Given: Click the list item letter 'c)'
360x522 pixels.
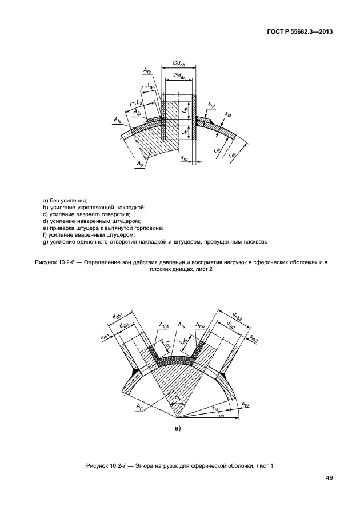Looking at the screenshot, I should coord(46,214).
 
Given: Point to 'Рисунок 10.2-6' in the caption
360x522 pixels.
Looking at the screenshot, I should coord(54,261).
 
